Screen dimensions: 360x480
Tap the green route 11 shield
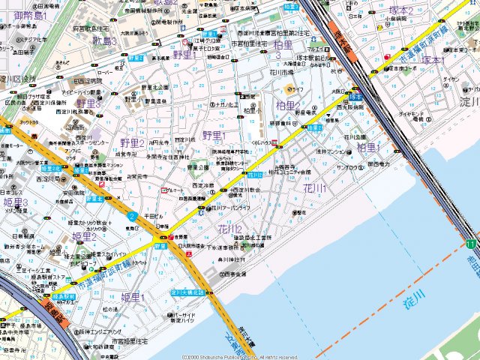[470, 244]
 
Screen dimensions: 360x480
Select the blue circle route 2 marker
[131, 216]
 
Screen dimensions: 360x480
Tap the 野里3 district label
[88, 103]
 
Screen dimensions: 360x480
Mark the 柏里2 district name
[288, 106]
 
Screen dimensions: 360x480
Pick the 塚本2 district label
[401, 10]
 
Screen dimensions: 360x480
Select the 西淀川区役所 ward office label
[18, 79]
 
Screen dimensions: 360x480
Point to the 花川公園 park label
[356, 137]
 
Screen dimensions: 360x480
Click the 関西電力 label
[379, 163]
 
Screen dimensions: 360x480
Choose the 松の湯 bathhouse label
[110, 309]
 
